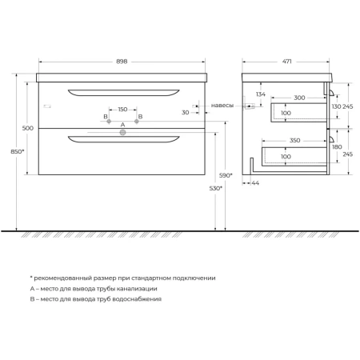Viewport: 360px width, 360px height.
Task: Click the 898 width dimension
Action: point(122,62)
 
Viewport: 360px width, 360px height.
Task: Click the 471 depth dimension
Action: point(287,62)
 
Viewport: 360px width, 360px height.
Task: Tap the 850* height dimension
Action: point(18,151)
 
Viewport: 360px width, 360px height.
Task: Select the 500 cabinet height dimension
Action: point(28,128)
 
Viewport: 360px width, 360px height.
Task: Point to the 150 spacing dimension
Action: point(122,110)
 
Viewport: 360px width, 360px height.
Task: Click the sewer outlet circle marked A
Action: point(122,132)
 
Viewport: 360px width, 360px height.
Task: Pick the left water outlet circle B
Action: point(109,122)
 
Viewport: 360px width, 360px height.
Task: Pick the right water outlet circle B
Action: point(137,122)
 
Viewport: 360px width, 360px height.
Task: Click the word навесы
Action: point(222,106)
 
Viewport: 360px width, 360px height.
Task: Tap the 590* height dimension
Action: point(226,175)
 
